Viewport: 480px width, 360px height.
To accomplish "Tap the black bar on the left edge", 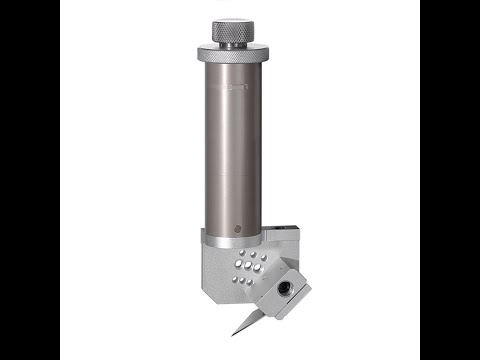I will [30, 180].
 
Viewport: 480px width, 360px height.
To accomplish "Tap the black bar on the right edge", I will [450, 180].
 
